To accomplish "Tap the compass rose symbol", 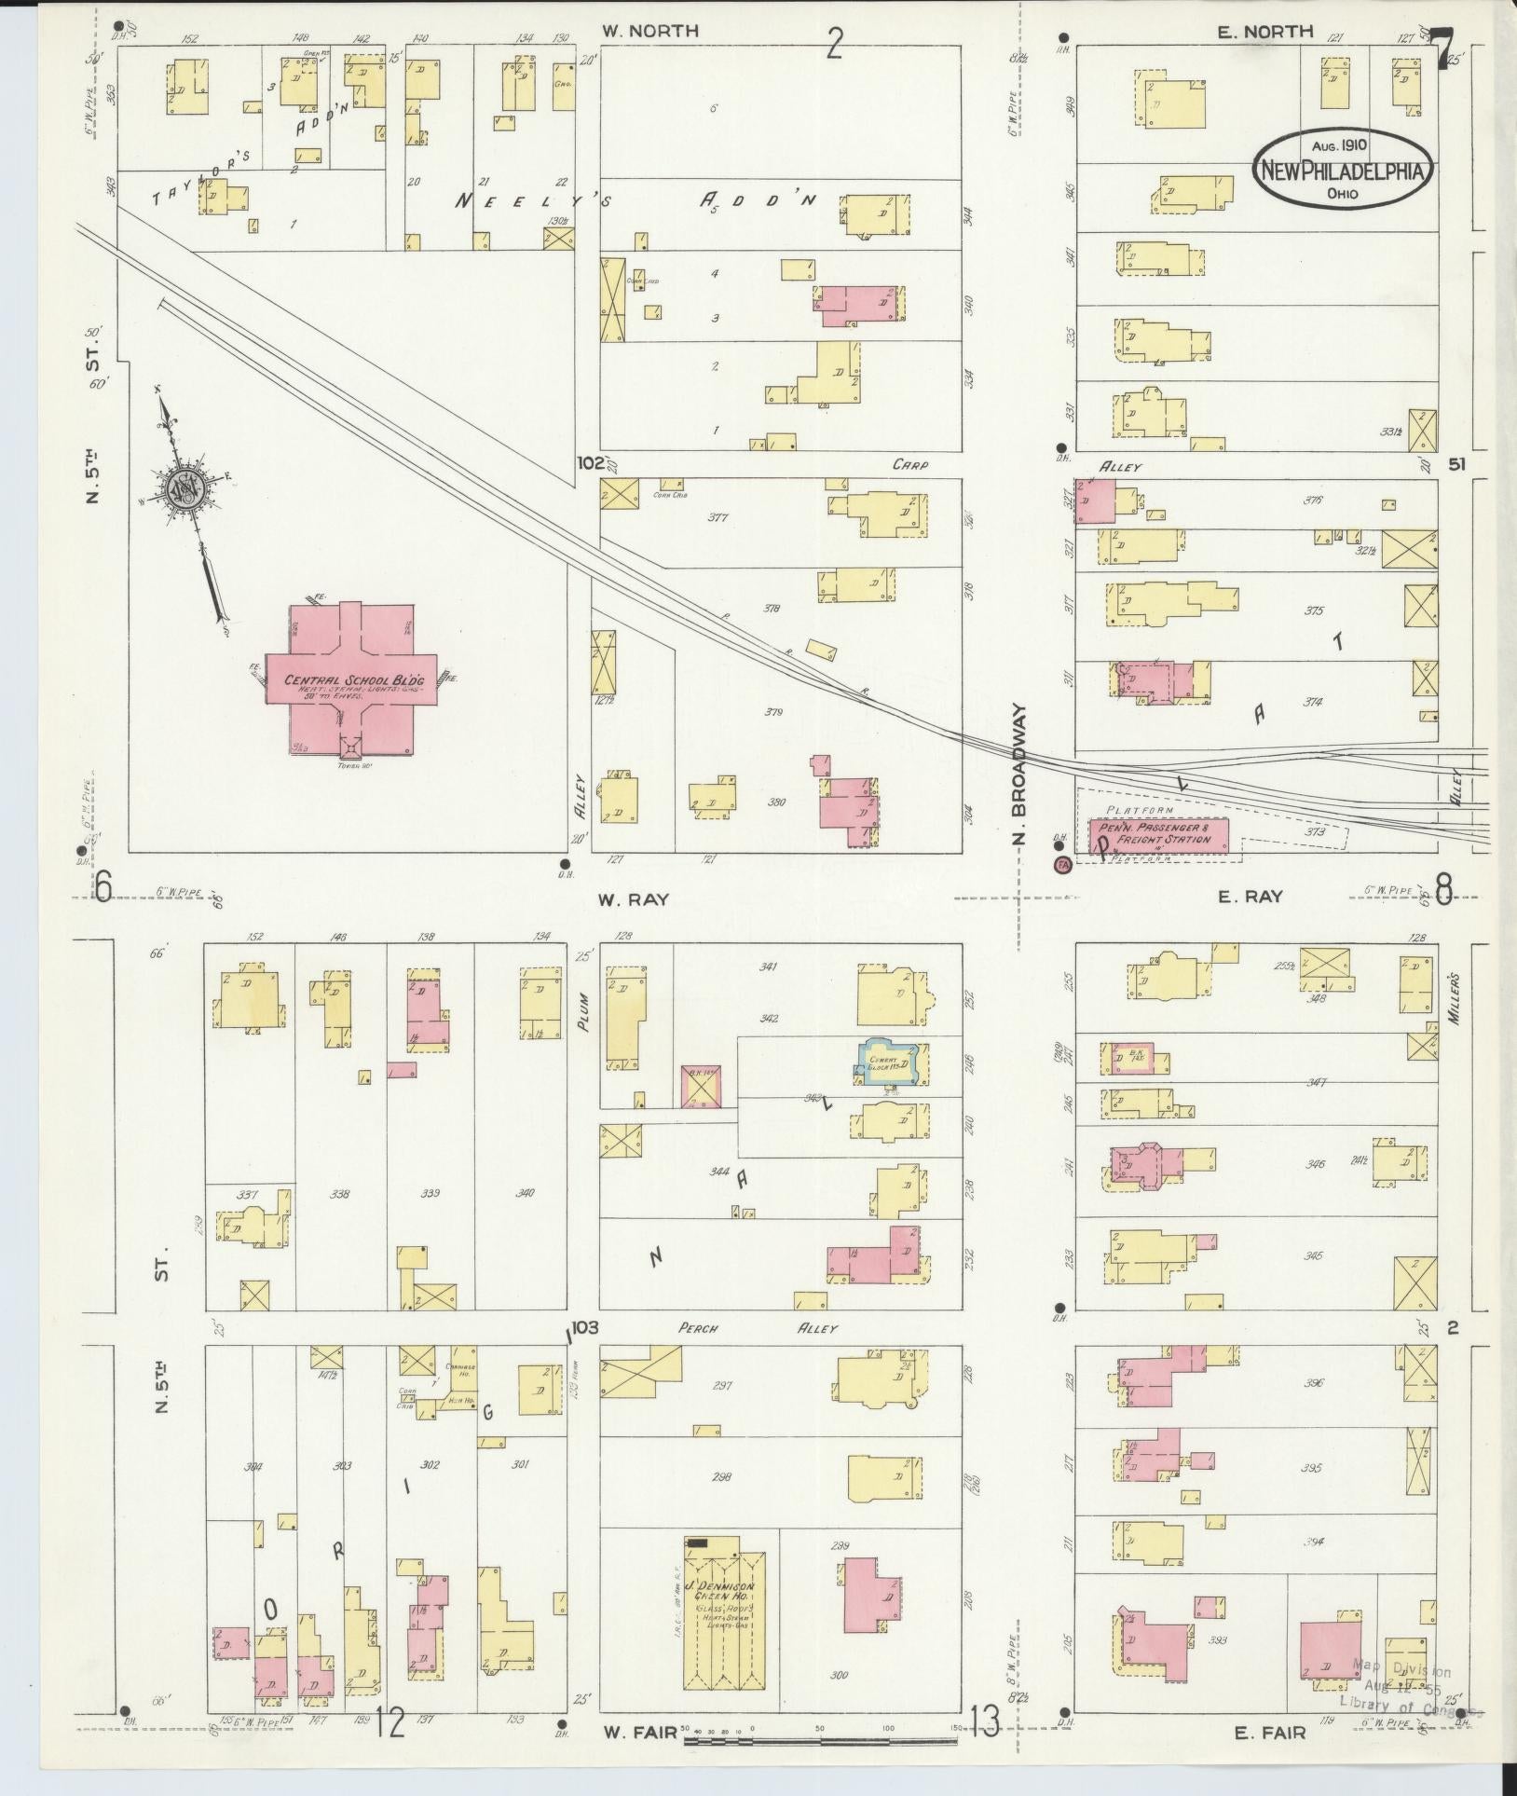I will pos(182,487).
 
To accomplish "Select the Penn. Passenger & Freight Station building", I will pos(1158,835).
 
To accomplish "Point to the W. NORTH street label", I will pos(649,31).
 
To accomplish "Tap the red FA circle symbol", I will pos(1060,866).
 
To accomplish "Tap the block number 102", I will pos(589,463).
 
